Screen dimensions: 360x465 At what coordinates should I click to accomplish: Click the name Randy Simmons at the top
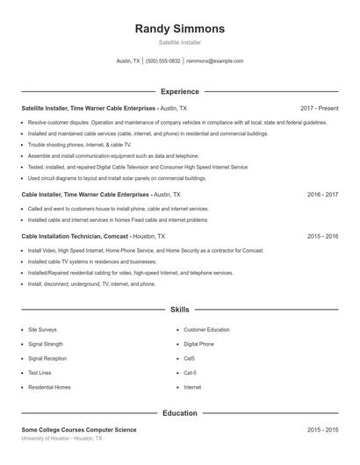[x=179, y=28]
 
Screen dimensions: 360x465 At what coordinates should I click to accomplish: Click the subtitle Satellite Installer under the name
[x=179, y=42]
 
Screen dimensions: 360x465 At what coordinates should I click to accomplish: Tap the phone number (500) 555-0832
[x=163, y=61]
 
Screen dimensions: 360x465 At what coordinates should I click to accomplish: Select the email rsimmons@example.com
[x=216, y=61]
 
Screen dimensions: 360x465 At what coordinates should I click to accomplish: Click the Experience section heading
[x=179, y=91]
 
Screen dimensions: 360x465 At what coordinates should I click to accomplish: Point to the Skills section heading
[x=179, y=310]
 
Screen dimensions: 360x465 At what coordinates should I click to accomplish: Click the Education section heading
[x=179, y=412]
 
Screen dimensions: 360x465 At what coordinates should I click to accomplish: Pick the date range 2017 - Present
[x=319, y=108]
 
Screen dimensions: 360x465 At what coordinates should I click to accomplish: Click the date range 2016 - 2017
[x=322, y=194]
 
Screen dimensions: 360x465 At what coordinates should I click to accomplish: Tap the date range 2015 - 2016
[x=322, y=236]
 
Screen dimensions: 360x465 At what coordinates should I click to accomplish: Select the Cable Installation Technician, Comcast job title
[x=75, y=236]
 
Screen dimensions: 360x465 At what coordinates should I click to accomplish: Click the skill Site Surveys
[x=42, y=330]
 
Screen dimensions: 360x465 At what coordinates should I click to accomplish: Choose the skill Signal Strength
[x=46, y=344]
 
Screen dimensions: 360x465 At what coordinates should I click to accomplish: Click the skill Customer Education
[x=206, y=330]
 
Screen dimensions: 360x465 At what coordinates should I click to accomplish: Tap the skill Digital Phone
[x=198, y=344]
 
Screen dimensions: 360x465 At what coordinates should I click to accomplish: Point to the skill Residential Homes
[x=49, y=387]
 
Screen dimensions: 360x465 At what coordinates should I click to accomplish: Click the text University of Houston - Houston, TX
[x=61, y=438]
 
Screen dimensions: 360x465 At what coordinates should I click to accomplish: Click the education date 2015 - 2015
[x=322, y=430]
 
